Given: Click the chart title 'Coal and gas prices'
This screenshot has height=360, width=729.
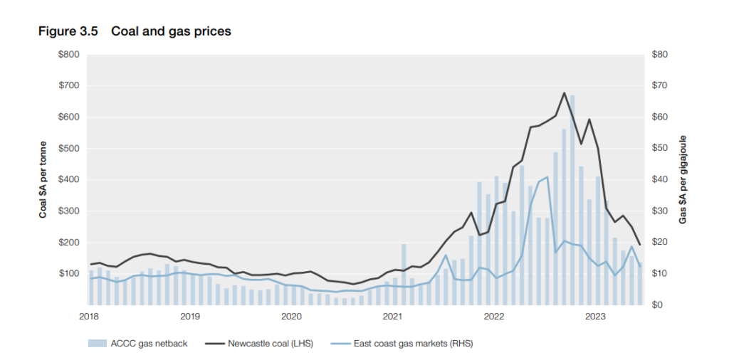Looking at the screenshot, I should [171, 32].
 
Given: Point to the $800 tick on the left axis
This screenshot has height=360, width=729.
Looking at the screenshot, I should [69, 55].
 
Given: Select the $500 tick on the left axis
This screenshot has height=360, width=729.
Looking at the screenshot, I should [69, 149].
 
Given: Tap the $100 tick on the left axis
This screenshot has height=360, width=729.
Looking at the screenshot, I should [69, 274].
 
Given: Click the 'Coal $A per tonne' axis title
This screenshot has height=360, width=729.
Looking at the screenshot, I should [43, 180].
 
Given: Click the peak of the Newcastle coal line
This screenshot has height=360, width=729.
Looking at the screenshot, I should [564, 93].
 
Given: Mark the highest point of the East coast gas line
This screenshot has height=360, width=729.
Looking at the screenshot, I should [547, 177].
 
